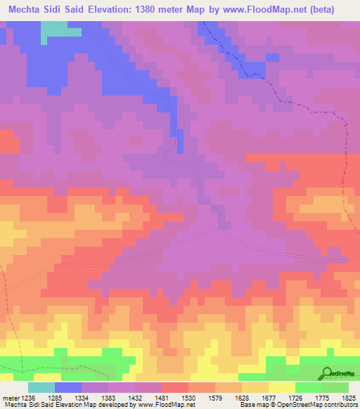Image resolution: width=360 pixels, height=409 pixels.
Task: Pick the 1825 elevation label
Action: (348, 397)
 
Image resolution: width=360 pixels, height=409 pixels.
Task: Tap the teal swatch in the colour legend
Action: (41, 387)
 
